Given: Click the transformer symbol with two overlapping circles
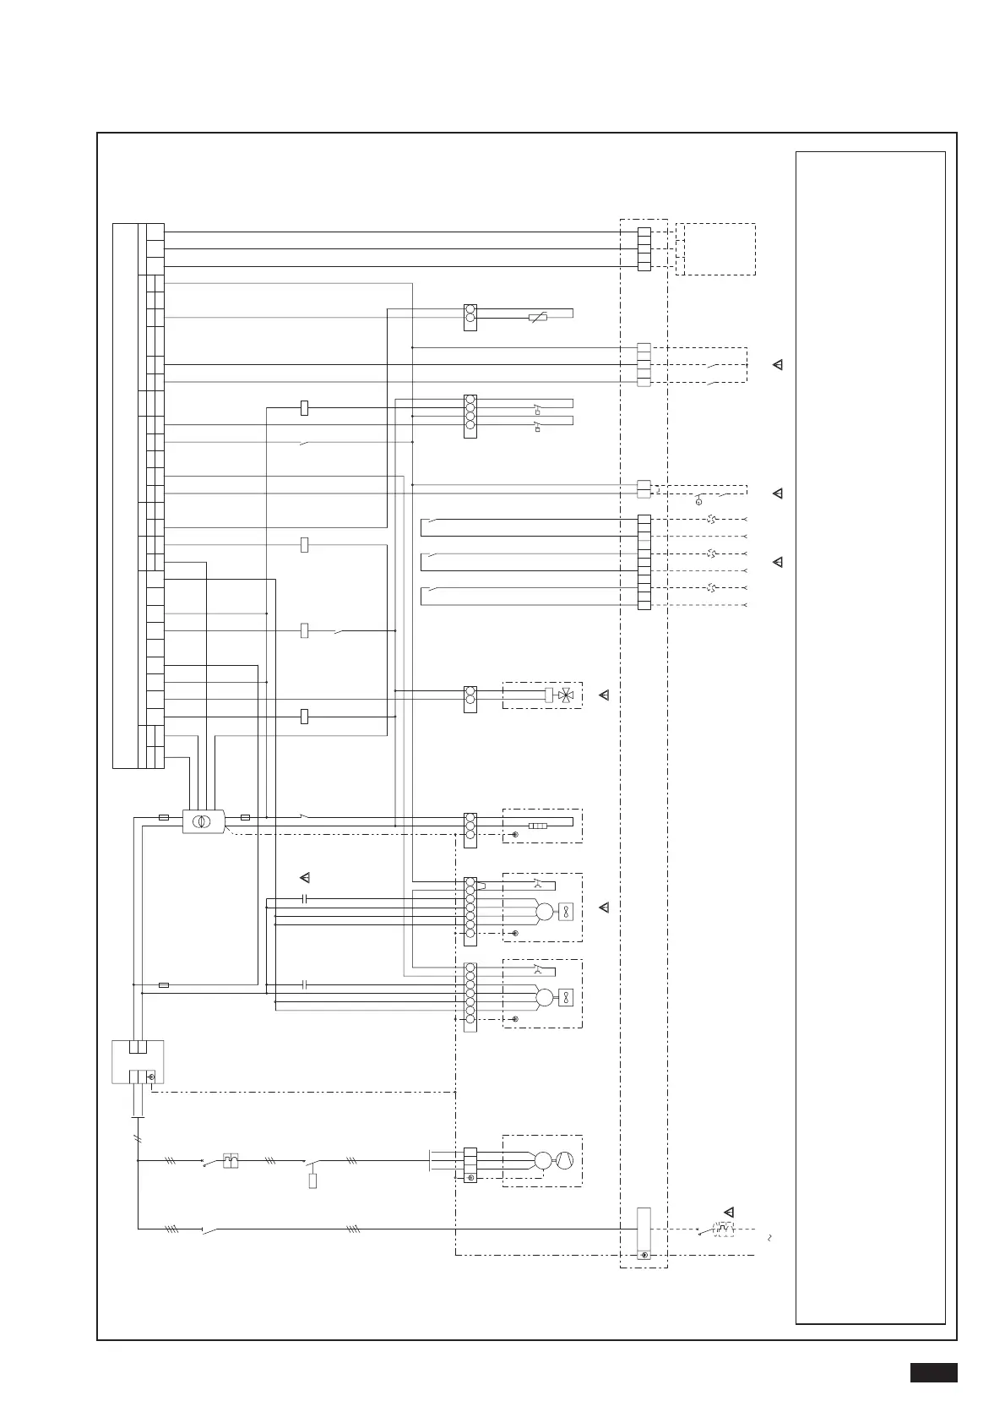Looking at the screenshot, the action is [x=203, y=821].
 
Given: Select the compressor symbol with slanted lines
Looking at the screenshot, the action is [x=566, y=1161].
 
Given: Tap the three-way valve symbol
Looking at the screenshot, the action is [x=566, y=695].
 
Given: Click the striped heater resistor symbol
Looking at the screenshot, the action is [x=537, y=826].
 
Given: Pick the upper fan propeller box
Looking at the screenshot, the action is [x=566, y=912].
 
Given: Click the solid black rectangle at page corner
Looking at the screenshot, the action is [x=933, y=1372].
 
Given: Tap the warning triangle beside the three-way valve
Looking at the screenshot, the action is [x=604, y=695].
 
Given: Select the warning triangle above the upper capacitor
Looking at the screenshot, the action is [x=306, y=877].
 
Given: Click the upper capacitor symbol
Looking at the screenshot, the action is [x=306, y=898].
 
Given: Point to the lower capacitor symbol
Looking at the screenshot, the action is [x=306, y=984].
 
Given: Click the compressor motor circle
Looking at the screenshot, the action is [x=543, y=1161].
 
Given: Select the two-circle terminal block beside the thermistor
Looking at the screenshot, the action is [x=470, y=317].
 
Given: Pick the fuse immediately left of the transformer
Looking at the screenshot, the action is [x=164, y=817].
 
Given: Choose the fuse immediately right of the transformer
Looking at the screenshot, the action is [x=245, y=817].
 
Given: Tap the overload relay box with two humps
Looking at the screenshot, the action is [x=230, y=1161].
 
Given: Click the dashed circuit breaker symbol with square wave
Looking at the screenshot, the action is [x=723, y=1229].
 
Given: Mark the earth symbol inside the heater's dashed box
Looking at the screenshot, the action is [x=515, y=834].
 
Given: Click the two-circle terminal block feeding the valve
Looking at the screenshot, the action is [x=470, y=699].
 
